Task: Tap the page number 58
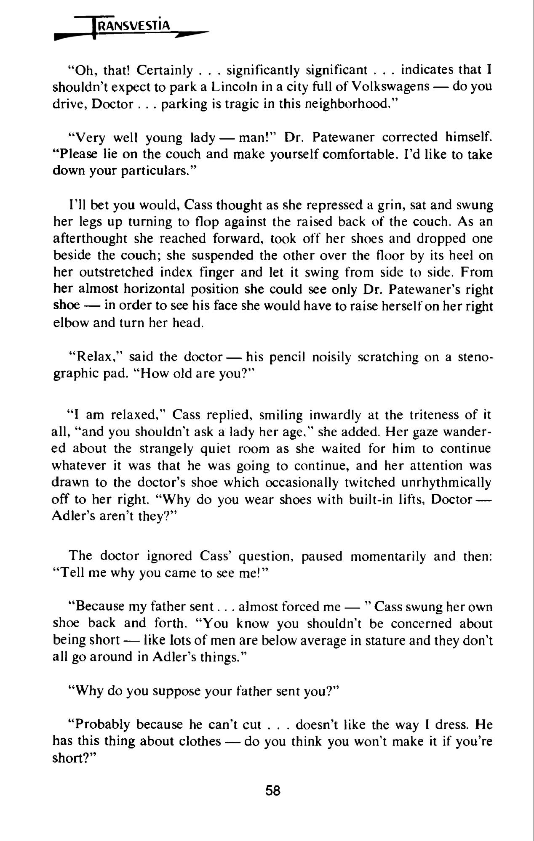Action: [x=273, y=791]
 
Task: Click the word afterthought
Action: [x=90, y=239]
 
